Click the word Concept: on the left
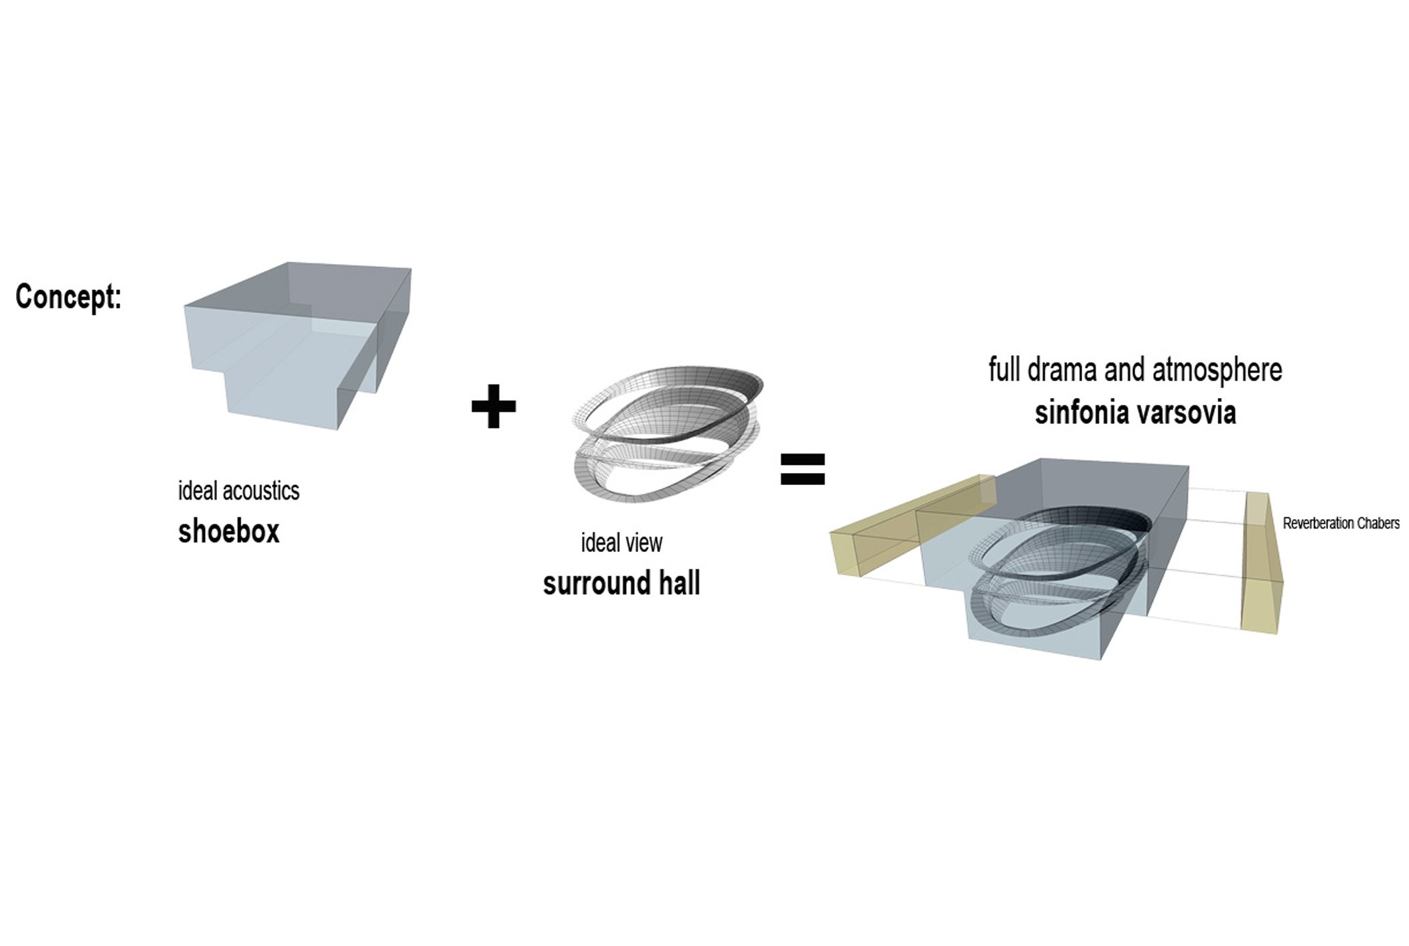tap(68, 297)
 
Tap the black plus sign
tap(494, 406)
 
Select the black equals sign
tap(803, 470)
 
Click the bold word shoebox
tap(228, 531)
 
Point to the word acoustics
tap(261, 491)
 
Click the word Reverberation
tap(1318, 523)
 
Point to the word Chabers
tap(1378, 523)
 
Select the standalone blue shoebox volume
tap(298, 345)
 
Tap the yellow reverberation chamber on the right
tap(1262, 563)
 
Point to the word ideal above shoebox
tap(198, 491)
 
